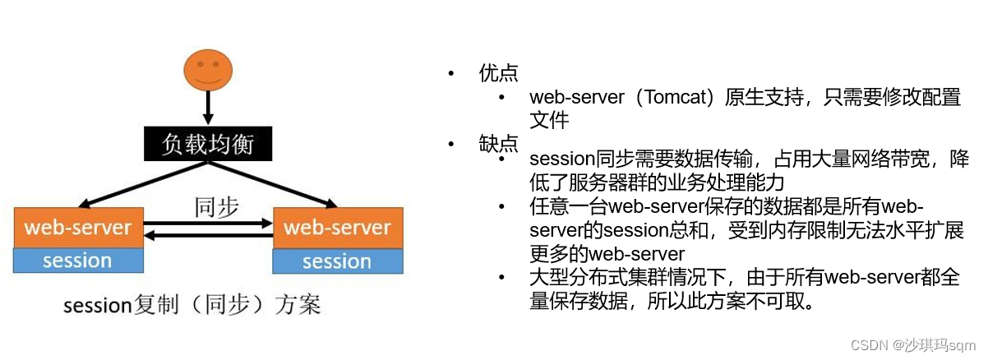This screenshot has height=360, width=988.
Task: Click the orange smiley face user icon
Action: pos(208,70)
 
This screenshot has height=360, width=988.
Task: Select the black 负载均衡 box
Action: pos(208,144)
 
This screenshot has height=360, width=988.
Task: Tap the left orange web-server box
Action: pos(79,227)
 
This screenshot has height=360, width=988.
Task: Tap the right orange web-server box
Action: pos(338,228)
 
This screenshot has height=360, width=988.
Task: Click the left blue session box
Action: pos(78,261)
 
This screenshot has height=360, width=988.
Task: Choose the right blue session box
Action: pos(338,261)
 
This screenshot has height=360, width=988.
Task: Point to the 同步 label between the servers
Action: pos(216,206)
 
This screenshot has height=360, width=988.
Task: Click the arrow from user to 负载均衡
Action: pos(208,108)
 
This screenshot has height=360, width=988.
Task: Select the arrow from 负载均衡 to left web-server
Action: pos(143,184)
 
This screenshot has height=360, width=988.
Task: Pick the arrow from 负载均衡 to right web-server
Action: pos(273,184)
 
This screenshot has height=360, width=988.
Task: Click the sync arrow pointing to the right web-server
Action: pos(208,224)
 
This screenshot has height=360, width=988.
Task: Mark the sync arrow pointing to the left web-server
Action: pos(208,236)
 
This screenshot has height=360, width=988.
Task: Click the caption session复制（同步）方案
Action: pos(192,304)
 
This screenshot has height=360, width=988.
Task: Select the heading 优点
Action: pos(498,73)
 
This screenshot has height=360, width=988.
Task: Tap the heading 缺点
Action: pos(498,144)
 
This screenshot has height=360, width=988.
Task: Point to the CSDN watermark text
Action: pos(913,344)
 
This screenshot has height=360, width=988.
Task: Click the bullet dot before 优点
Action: pos(450,73)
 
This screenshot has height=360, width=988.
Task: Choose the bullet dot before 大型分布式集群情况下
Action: pos(501,278)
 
